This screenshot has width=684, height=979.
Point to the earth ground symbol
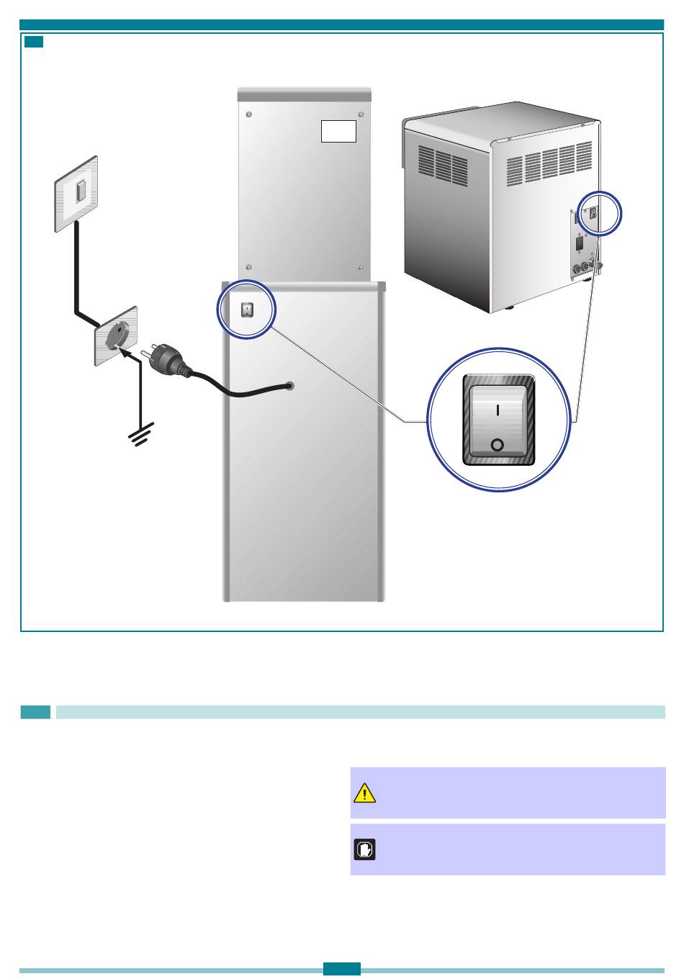(139, 436)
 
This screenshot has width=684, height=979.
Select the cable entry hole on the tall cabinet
(290, 386)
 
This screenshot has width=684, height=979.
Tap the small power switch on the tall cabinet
(247, 310)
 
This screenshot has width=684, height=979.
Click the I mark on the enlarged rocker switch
(498, 410)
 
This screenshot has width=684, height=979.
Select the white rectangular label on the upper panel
(338, 131)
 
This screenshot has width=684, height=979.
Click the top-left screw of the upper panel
(249, 114)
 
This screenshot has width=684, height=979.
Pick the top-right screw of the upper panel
(360, 114)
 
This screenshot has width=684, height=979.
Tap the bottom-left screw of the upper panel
(249, 266)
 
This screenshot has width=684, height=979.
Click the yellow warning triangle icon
(365, 793)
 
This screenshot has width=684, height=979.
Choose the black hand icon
(365, 850)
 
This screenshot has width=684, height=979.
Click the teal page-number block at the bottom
(342, 970)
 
